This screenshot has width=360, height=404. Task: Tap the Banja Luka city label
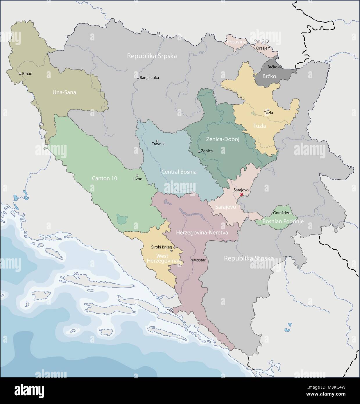pos(149,78)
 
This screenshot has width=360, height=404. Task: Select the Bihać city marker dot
pos(20,74)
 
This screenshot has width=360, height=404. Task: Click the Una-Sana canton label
pos(64,92)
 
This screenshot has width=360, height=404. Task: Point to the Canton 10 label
pos(105,178)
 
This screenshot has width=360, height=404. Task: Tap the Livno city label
pos(137,179)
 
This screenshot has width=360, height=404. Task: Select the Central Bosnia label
pos(179,172)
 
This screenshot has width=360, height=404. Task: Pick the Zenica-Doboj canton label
pos(223,140)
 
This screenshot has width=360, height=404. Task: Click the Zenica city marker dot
pos(199,151)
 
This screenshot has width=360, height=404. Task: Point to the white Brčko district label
pos(269,77)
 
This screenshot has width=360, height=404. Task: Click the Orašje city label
pos(262,49)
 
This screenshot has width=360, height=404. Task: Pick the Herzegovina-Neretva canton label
pos(202,233)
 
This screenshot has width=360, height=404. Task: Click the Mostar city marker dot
pos(191,260)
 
